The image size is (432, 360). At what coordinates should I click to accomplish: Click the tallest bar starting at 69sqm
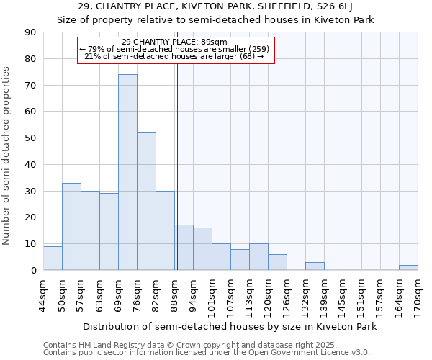click(127, 173)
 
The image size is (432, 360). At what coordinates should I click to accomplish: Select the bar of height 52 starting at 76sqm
click(146, 202)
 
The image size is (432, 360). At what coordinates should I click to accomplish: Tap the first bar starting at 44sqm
click(53, 258)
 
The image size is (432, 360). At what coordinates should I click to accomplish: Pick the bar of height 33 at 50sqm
click(71, 227)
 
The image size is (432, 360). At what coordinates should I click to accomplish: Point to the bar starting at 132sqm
click(315, 266)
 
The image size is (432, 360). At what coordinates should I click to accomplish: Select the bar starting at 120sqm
click(277, 263)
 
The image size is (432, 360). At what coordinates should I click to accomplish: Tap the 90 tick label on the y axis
click(30, 32)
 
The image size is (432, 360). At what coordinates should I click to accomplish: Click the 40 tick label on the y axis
click(30, 165)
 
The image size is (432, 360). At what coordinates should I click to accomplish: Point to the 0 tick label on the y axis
click(33, 271)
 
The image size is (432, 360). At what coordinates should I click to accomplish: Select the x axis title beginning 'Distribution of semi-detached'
click(230, 326)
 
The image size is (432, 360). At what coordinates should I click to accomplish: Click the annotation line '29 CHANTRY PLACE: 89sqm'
click(175, 42)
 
